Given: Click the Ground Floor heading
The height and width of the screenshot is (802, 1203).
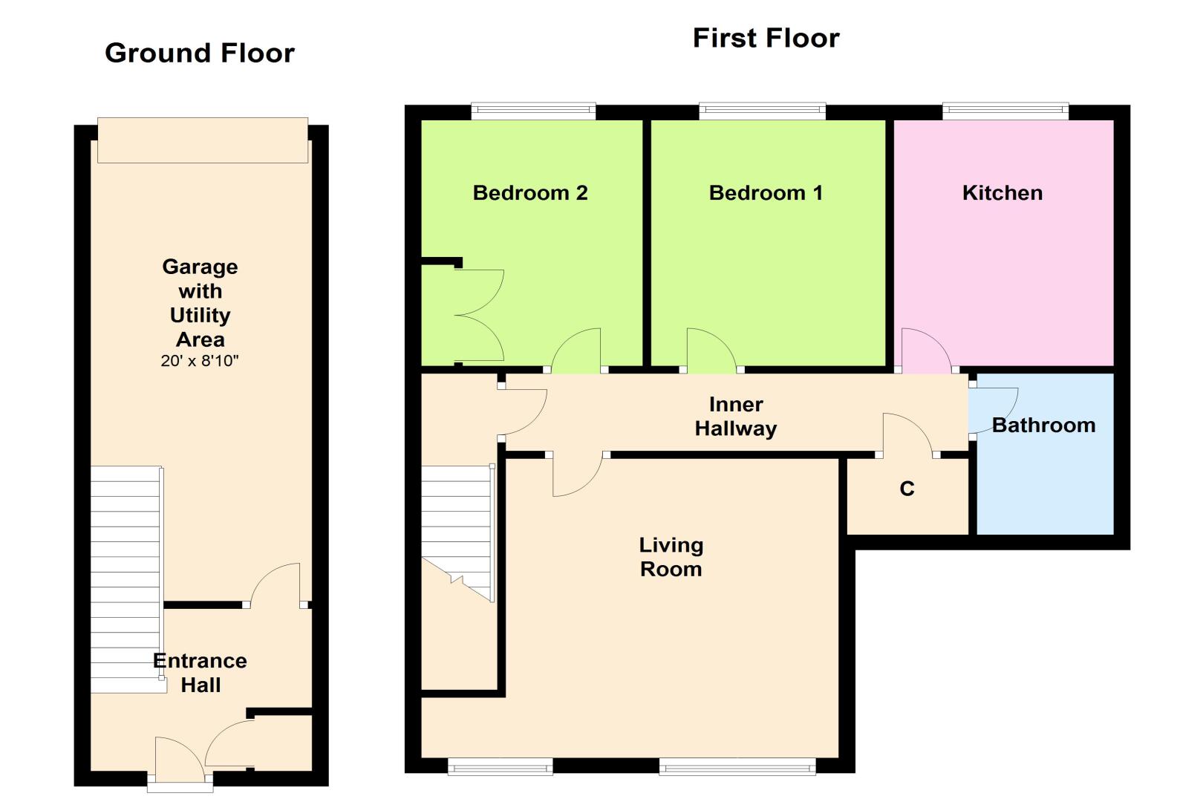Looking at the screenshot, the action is point(200,53).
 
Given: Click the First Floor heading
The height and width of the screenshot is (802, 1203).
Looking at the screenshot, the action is point(766,38).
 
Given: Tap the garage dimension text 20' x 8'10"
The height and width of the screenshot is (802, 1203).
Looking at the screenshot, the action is point(199,360).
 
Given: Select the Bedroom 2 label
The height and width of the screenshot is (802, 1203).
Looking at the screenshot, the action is point(530,193).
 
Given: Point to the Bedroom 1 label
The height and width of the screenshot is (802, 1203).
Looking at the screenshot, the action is point(766,193).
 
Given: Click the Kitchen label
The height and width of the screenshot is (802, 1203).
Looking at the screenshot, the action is point(1002,193).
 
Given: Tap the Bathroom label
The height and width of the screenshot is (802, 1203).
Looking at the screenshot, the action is point(1043,426).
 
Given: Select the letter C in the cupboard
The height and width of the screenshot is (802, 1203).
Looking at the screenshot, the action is point(907,489).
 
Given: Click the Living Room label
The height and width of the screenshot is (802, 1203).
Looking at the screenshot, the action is point(671,557).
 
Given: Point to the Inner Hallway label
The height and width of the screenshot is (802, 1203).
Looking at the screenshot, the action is point(736,417).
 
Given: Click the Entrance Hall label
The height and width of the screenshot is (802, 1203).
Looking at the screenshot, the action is point(200,673).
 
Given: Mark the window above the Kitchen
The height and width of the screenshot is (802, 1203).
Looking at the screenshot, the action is point(1005,111).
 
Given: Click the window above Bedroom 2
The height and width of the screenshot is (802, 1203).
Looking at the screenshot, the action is point(533,111).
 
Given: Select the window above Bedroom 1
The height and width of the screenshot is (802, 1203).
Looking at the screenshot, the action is point(762,111).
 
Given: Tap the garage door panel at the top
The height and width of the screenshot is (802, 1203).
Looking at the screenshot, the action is point(203,140).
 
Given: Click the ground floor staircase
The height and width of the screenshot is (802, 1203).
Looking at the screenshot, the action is point(127,580).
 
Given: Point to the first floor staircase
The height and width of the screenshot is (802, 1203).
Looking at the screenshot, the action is point(457,533).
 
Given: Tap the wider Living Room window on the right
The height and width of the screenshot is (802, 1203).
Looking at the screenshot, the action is point(737,766).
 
